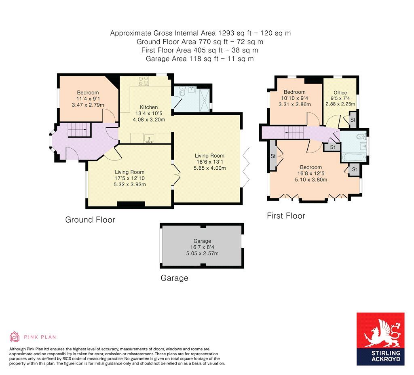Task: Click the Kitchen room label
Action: click(x=149, y=107)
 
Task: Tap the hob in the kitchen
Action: click(x=144, y=81)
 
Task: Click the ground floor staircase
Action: click(x=77, y=131)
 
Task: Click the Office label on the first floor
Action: click(x=340, y=93)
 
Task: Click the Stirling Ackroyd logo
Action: click(x=380, y=339)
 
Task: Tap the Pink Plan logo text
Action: click(x=40, y=337)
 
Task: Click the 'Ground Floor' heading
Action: click(x=90, y=220)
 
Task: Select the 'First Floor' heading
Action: click(x=286, y=216)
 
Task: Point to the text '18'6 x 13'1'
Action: click(x=209, y=162)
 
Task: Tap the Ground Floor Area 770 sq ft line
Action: click(x=200, y=42)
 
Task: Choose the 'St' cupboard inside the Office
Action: click(x=353, y=120)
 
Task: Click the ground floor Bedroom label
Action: click(x=87, y=93)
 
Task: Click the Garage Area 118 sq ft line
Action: click(x=200, y=59)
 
